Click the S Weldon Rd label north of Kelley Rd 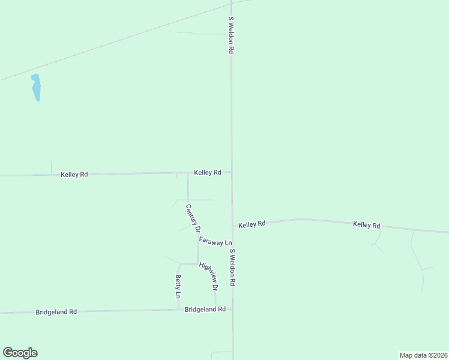230,36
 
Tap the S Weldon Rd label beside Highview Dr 232,267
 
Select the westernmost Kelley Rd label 74,175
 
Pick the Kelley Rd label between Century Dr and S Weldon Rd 208,173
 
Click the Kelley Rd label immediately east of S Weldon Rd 252,224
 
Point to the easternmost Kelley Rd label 367,225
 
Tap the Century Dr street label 193,218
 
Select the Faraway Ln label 215,241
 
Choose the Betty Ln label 178,286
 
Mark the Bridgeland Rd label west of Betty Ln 56,312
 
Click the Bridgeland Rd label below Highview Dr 205,310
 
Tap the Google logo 20,353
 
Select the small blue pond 36,88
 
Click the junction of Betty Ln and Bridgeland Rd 178,310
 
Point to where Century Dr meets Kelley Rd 188,173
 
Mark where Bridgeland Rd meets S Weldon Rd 232,310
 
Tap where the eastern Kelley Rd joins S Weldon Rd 232,226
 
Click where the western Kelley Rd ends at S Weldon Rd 232,172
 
